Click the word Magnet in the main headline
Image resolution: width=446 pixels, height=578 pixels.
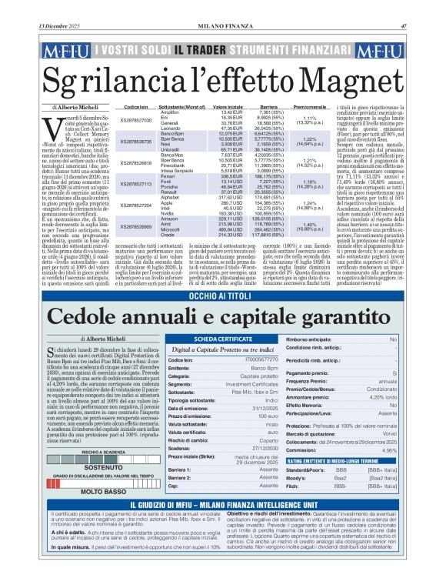(354, 79)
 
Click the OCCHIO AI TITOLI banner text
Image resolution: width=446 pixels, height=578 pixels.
(223, 275)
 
